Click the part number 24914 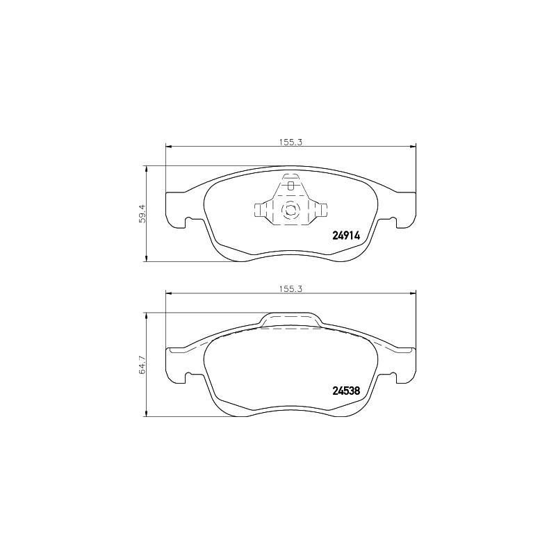[x=346, y=236]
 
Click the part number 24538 [x=346, y=391]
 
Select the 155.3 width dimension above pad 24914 [x=290, y=142]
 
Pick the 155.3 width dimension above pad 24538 [x=290, y=289]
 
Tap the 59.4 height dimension [x=142, y=214]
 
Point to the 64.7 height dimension [x=142, y=365]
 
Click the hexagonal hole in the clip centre [x=291, y=210]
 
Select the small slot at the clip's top [x=291, y=186]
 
